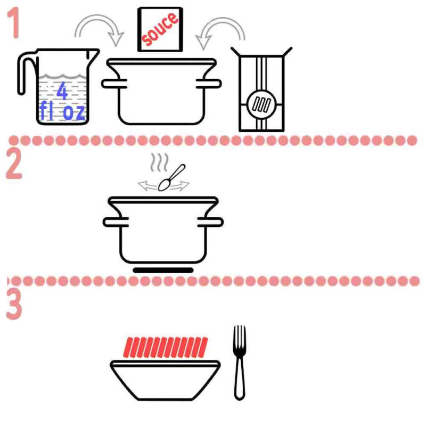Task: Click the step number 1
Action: (14, 23)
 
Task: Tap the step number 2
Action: (14, 163)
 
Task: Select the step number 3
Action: (14, 304)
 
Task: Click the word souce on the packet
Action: (160, 29)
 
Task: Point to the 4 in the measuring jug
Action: (62, 91)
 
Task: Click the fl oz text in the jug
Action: (62, 111)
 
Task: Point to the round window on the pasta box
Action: (261, 104)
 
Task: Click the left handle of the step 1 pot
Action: (114, 84)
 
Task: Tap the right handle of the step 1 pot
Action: (209, 84)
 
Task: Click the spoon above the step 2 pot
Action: (171, 178)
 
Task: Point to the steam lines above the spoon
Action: (159, 162)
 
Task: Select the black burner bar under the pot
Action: (163, 270)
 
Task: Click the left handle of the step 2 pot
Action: (116, 222)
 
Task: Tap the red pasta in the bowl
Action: (166, 347)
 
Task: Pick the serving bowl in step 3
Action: (165, 380)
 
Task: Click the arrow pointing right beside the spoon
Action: (180, 186)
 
